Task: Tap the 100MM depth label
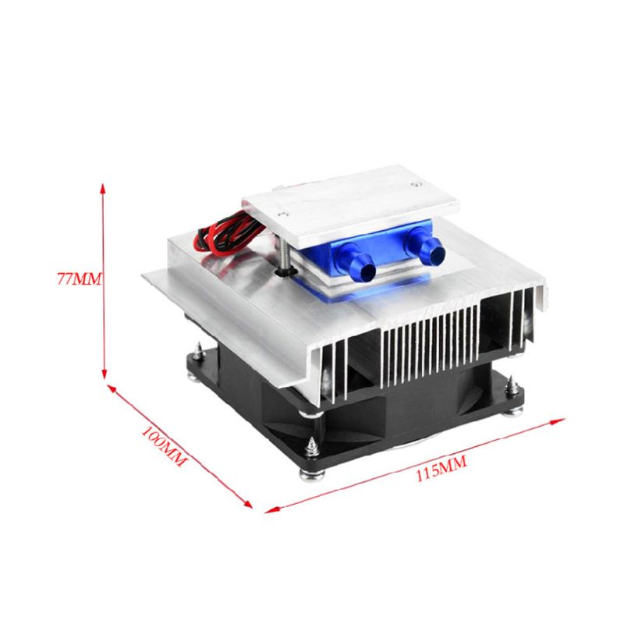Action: (164, 445)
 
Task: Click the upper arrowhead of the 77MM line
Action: (104, 188)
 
